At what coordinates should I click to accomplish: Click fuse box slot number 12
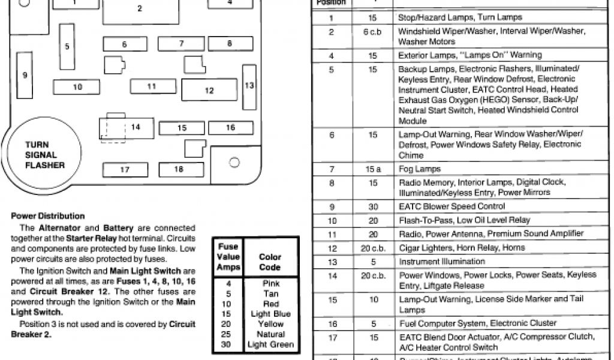(209, 91)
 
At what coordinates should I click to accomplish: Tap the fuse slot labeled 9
(25, 75)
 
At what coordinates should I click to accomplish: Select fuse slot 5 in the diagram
(67, 47)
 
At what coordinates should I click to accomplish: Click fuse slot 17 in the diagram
(125, 170)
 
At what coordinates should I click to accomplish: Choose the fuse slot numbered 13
(249, 85)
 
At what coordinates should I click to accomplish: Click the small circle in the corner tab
(234, 162)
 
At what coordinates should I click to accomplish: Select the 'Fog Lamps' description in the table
(420, 169)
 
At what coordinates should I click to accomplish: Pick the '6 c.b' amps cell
(372, 32)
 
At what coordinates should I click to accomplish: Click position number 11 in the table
(332, 233)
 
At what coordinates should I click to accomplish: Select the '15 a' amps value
(373, 169)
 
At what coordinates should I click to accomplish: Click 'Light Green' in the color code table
(270, 344)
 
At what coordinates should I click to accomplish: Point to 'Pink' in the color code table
(270, 283)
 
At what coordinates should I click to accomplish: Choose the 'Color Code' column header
(270, 262)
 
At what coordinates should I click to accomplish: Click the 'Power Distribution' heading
(48, 216)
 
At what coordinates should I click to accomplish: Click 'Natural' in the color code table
(270, 334)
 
